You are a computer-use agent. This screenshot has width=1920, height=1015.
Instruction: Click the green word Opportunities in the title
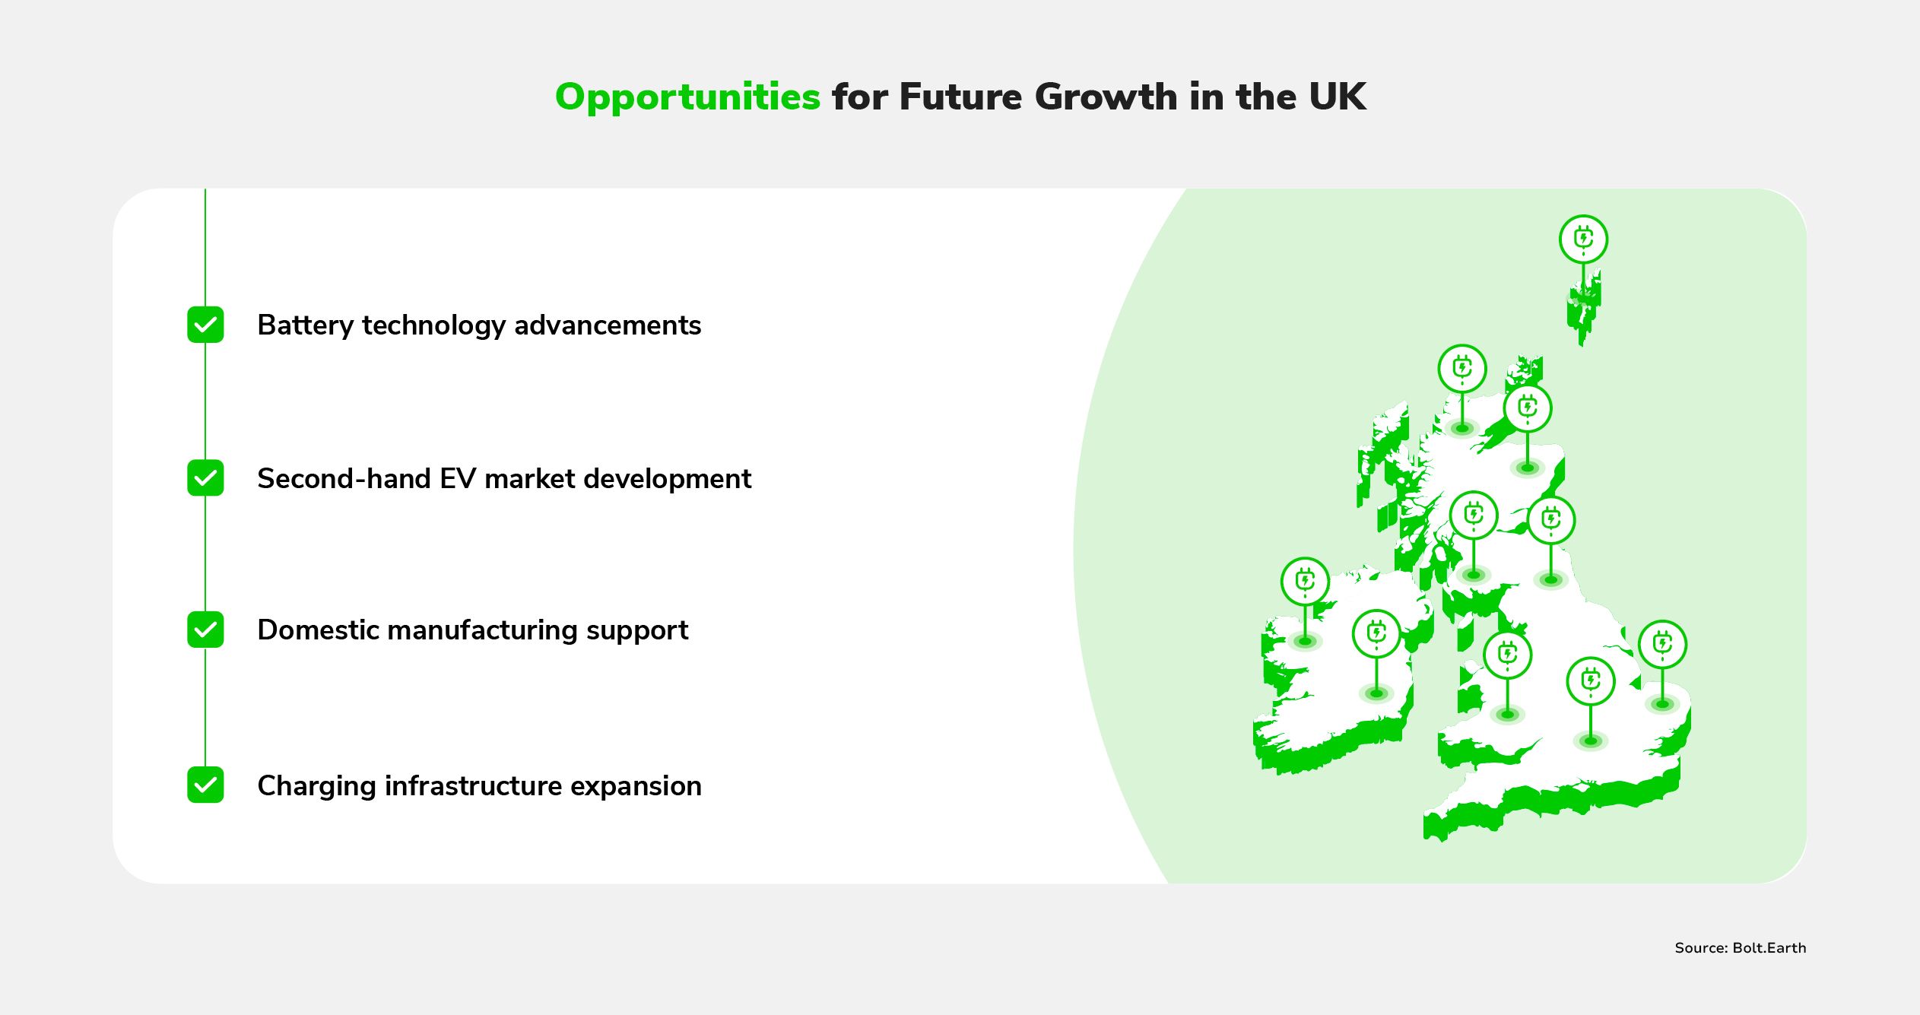(687, 98)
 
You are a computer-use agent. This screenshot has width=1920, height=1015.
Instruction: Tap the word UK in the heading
(1338, 97)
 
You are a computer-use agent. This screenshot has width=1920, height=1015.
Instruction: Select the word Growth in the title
(1106, 97)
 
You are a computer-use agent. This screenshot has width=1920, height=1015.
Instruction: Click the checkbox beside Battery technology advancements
(205, 325)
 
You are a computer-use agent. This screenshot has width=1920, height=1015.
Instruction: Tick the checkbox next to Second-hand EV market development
(205, 477)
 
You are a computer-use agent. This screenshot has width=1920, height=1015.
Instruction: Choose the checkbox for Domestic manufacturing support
(205, 630)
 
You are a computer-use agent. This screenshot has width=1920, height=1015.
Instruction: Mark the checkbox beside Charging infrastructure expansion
(205, 785)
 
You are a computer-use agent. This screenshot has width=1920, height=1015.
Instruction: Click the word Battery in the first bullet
(306, 326)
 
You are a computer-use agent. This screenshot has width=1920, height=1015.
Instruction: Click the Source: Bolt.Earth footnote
(1740, 948)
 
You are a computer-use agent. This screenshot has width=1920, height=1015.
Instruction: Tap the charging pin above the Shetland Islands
(1583, 239)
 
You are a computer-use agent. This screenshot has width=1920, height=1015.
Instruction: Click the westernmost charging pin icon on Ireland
(1305, 582)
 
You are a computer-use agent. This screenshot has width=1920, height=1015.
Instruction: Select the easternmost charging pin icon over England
(1662, 645)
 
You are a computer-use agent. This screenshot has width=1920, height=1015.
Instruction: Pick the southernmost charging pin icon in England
(1591, 681)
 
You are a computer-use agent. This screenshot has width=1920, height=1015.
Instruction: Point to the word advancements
(608, 325)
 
